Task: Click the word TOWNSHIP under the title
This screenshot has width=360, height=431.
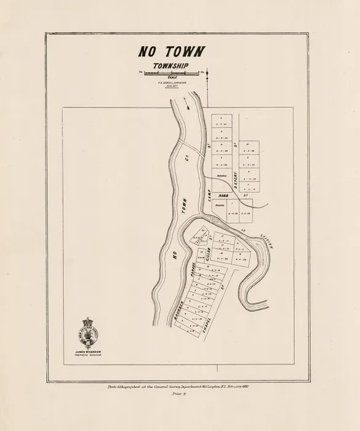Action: [171, 66]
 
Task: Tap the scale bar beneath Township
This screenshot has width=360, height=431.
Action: [171, 73]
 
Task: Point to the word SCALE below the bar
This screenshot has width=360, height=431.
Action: [172, 78]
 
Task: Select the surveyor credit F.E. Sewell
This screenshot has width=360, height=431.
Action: [172, 83]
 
